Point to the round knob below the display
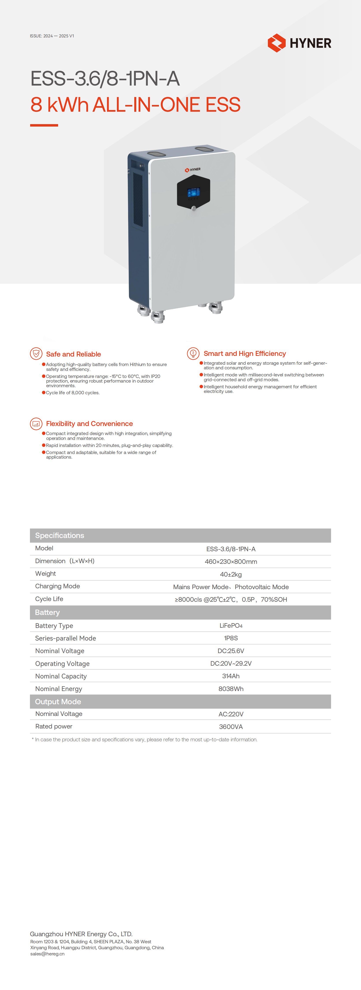[194, 208]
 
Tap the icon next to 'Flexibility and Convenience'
[36, 424]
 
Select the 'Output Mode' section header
[58, 702]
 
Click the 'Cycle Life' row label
[49, 599]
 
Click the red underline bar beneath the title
[44, 125]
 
